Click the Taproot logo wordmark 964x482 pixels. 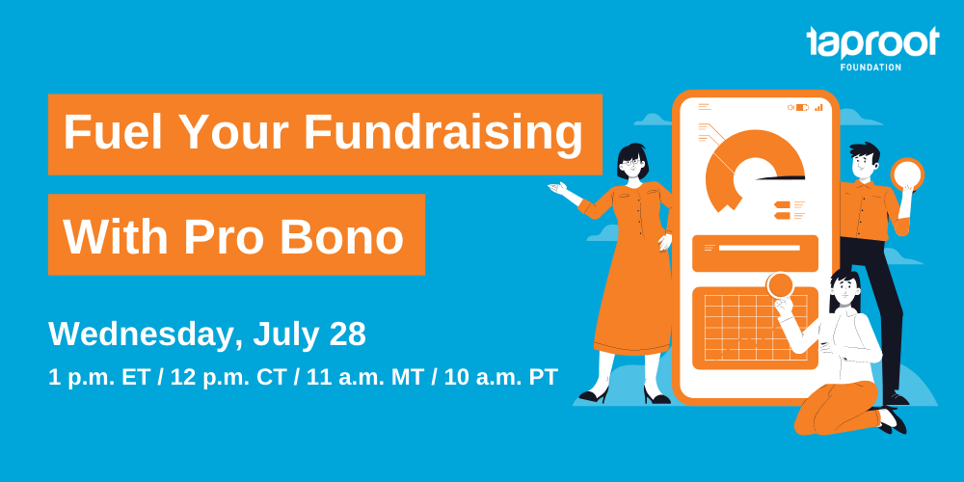coord(872,43)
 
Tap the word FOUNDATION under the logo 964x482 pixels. coord(870,67)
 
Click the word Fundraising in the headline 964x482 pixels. coord(442,134)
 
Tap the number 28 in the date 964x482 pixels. coord(347,335)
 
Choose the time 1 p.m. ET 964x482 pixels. coord(99,377)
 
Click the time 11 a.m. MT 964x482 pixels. coord(365,377)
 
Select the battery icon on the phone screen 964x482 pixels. coord(802,107)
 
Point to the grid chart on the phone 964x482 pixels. coord(756,329)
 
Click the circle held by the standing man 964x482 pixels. coord(907,174)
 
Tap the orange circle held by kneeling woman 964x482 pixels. coord(781,285)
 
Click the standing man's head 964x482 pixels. coord(865,161)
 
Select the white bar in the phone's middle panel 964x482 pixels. coord(760,248)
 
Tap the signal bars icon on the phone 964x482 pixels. coord(818,107)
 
